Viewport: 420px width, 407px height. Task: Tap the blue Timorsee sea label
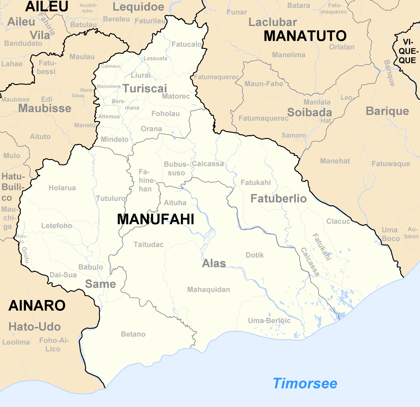click(x=305, y=383)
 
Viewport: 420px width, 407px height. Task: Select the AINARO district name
click(x=37, y=306)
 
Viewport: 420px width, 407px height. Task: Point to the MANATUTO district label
click(x=305, y=36)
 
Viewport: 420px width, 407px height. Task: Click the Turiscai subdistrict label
click(x=145, y=89)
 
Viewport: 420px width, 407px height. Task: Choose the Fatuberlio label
click(x=279, y=199)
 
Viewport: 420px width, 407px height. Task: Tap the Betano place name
click(x=133, y=334)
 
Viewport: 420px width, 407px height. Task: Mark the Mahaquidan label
click(x=208, y=290)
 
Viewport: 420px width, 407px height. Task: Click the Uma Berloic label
click(x=269, y=320)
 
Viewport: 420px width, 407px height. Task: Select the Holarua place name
click(x=62, y=188)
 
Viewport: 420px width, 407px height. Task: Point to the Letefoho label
click(x=57, y=226)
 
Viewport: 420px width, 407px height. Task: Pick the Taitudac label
click(x=149, y=244)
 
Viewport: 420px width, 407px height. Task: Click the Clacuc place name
click(x=338, y=221)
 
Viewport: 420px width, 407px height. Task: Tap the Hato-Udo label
click(x=35, y=327)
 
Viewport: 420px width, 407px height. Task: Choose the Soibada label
click(x=310, y=113)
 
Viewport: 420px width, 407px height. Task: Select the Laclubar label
click(x=273, y=22)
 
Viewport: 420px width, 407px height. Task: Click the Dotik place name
click(x=255, y=255)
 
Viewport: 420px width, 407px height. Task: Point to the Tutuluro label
click(x=111, y=198)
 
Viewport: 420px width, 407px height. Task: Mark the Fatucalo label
click(x=187, y=44)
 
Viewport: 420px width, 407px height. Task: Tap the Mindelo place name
click(x=115, y=139)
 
